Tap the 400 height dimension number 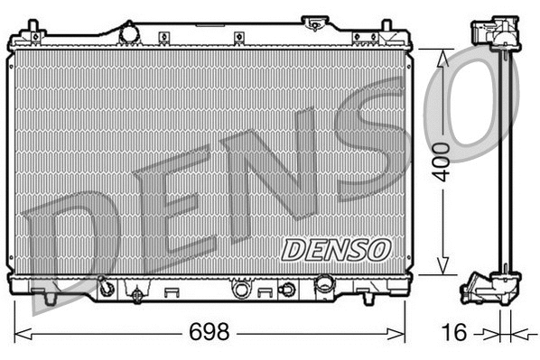coord(441,162)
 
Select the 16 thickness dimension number coord(457,333)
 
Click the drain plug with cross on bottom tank coord(137,293)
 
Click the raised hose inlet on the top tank coord(314,22)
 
